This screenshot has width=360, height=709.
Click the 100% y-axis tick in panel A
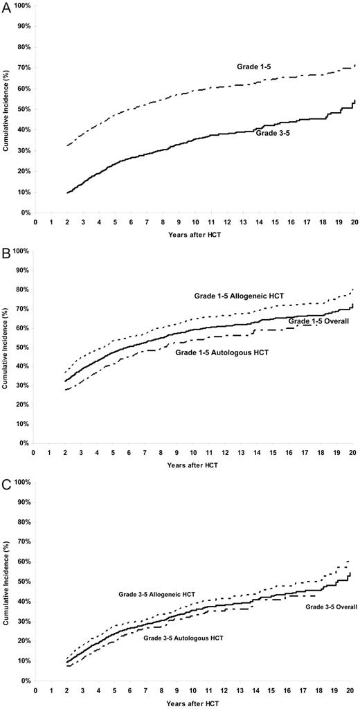pos(21,6)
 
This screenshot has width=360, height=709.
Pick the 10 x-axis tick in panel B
pos(193,453)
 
